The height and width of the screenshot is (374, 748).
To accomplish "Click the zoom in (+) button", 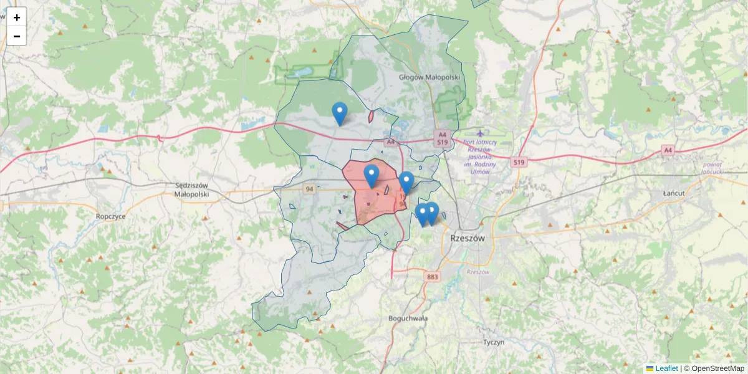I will click(17, 17).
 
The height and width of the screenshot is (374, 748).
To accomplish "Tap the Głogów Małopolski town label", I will click(429, 77).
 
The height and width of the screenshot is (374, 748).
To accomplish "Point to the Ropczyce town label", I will click(111, 216).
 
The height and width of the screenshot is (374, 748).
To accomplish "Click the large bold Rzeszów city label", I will click(467, 238).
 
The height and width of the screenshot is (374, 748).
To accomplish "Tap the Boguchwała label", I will click(408, 318).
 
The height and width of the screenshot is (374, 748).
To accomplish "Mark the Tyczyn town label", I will click(494, 342).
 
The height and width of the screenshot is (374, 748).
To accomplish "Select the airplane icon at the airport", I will click(480, 133).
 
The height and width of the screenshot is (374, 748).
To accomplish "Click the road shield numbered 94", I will click(309, 188).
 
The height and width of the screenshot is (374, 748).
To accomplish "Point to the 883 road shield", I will click(433, 276).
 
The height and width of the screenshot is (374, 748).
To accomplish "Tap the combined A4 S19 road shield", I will click(443, 138).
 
